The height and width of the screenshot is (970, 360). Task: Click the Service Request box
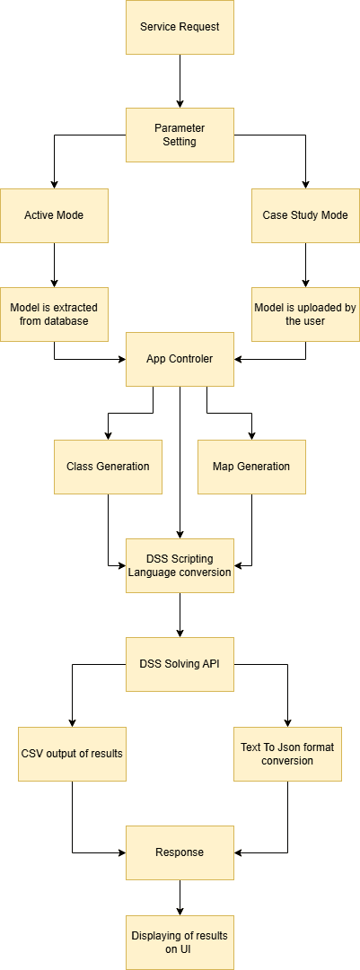coord(180,27)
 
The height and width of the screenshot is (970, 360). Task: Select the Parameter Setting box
coord(180,135)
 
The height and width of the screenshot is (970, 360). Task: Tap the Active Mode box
coord(54,215)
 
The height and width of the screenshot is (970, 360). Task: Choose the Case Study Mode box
coord(305,215)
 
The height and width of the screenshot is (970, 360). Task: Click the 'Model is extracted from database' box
coord(54,314)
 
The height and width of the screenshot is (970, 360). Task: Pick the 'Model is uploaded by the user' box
coord(305,314)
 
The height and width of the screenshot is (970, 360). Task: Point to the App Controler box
coord(180,359)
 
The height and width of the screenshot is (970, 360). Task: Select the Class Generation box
coord(108,467)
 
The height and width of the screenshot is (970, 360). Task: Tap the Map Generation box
coord(251,467)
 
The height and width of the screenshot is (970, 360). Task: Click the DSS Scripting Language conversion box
coord(180,565)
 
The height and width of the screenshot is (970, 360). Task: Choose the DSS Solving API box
coord(180,664)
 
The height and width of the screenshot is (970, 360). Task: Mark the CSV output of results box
coord(72,753)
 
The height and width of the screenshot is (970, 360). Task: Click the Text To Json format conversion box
coord(287,753)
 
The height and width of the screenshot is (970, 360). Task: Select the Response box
coord(180,852)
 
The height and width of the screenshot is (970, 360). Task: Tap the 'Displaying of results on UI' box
coord(180,942)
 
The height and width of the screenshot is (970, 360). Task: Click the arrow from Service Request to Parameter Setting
coord(180,81)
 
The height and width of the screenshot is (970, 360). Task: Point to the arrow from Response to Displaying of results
coord(180,897)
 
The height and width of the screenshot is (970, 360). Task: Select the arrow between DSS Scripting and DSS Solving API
coord(180,615)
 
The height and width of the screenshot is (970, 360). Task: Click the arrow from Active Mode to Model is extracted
coord(54,265)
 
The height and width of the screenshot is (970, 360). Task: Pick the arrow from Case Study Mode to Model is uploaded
coord(305,265)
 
